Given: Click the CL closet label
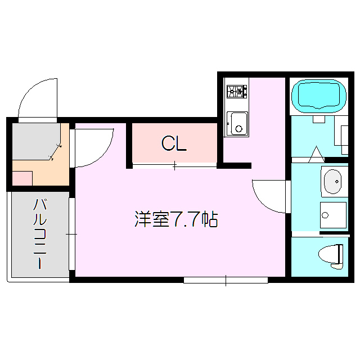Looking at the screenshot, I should click(x=174, y=144).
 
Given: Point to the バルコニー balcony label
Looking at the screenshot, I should click(x=39, y=233).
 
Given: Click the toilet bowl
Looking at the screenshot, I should click(x=328, y=255).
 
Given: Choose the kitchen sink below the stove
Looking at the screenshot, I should click(x=237, y=123).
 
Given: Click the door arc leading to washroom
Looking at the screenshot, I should click(x=269, y=196).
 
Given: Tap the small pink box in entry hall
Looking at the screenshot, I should click(x=22, y=178).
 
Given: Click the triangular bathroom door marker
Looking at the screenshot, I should click(x=316, y=152).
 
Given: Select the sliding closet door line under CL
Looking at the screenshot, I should click(x=174, y=165).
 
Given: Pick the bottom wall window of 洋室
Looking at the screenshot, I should click(x=226, y=280).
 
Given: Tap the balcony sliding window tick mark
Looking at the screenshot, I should click(x=71, y=233).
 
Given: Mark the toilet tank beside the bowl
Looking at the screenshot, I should click(x=341, y=255).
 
